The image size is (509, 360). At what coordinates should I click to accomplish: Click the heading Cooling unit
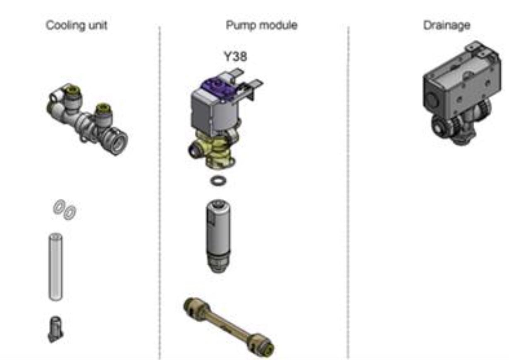76,25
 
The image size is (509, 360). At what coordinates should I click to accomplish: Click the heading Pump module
262,26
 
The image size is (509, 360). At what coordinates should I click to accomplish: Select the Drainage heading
447,26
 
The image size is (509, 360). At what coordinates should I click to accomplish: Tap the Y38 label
236,56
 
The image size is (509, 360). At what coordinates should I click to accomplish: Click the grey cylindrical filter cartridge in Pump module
218,236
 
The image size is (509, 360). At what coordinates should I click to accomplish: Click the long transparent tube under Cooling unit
56,267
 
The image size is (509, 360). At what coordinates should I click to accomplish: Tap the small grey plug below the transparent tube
55,329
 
